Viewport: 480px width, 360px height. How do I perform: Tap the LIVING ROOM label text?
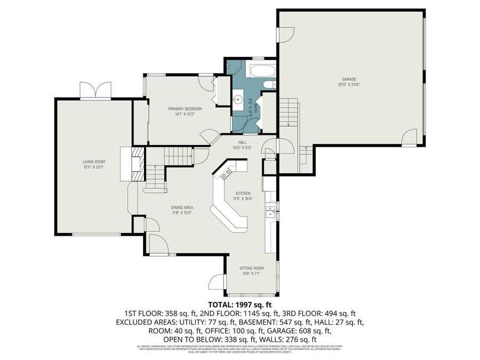(x=93, y=162)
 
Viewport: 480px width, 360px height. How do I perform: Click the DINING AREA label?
(x=182, y=207)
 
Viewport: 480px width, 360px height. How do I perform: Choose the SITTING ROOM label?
(x=251, y=268)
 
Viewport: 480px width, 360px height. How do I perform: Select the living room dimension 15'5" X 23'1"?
(x=93, y=167)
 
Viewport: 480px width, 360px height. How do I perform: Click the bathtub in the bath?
(x=262, y=71)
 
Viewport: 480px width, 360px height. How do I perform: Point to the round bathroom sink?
(x=238, y=100)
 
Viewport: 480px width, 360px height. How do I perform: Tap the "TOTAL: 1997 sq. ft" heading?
(x=239, y=305)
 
